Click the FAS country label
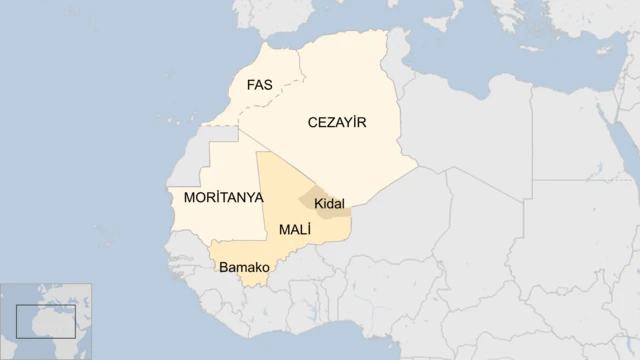coord(259,86)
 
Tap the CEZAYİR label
coord(337,122)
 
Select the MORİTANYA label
coord(223,198)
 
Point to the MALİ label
coord(295,230)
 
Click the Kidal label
coord(329,204)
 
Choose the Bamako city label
coord(245,268)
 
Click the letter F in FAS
coord(250,86)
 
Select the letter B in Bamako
coord(223,268)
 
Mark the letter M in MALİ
coord(285,230)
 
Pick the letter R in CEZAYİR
coord(363,122)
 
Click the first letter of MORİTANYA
coord(190,198)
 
